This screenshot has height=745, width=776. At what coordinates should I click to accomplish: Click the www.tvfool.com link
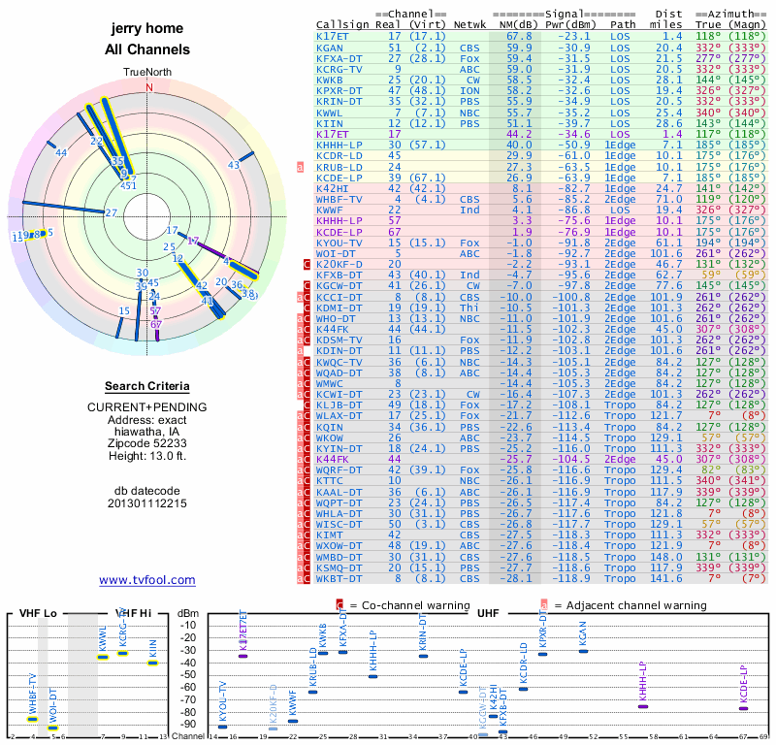point(146,580)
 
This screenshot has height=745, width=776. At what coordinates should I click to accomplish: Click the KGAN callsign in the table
point(330,48)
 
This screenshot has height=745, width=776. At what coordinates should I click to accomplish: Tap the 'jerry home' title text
point(146,28)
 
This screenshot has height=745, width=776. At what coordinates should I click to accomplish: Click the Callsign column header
point(344,24)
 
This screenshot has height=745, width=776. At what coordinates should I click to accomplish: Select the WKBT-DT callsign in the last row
point(339,578)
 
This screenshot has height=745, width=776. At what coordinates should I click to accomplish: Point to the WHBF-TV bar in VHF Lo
point(32,719)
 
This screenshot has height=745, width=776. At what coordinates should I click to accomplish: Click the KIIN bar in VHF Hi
point(152,663)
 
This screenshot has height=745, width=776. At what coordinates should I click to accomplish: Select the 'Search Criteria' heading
point(146,385)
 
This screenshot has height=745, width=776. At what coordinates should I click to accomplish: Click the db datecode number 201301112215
point(146,503)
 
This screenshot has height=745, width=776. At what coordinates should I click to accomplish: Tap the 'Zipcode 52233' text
point(146,441)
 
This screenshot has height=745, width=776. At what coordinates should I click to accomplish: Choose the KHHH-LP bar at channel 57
point(642,706)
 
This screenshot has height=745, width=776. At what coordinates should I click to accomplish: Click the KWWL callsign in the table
point(330,113)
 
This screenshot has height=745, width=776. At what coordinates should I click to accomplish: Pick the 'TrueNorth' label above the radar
point(147,73)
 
